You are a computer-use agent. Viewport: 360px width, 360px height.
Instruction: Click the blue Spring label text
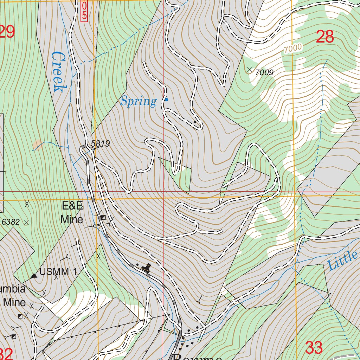pyautogui.click(x=138, y=102)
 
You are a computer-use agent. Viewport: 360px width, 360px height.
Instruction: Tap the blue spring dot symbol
pyautogui.click(x=167, y=100)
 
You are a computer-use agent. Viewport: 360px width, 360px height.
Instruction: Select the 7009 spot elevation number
pyautogui.click(x=264, y=73)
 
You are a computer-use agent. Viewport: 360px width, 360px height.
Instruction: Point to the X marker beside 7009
pyautogui.click(x=250, y=70)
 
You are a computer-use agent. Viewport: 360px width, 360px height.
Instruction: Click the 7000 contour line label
pyautogui.click(x=293, y=49)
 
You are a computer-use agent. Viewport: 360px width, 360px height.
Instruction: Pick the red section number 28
pyautogui.click(x=324, y=37)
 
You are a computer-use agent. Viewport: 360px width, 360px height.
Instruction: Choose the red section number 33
pyautogui.click(x=314, y=348)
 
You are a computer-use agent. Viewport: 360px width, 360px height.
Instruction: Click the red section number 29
pyautogui.click(x=7, y=32)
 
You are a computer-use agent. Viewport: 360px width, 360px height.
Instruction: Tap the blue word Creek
pyautogui.click(x=58, y=72)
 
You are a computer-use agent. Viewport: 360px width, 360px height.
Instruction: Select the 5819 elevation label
pyautogui.click(x=101, y=143)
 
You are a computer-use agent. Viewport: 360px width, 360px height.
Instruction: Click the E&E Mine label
pyautogui.click(x=72, y=213)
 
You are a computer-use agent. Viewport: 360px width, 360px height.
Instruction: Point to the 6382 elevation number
pyautogui.click(x=11, y=222)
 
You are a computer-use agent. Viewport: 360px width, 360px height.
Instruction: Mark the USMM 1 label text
pyautogui.click(x=58, y=272)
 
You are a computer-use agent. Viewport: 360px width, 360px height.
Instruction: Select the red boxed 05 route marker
pyautogui.click(x=84, y=11)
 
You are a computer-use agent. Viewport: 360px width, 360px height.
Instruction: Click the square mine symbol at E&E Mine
pyautogui.click(x=103, y=218)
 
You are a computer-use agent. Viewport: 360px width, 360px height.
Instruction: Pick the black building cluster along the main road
pyautogui.click(x=146, y=268)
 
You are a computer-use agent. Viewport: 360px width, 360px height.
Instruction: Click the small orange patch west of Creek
pyautogui.click(x=37, y=144)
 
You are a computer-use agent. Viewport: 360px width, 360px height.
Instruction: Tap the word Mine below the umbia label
pyautogui.click(x=15, y=302)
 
